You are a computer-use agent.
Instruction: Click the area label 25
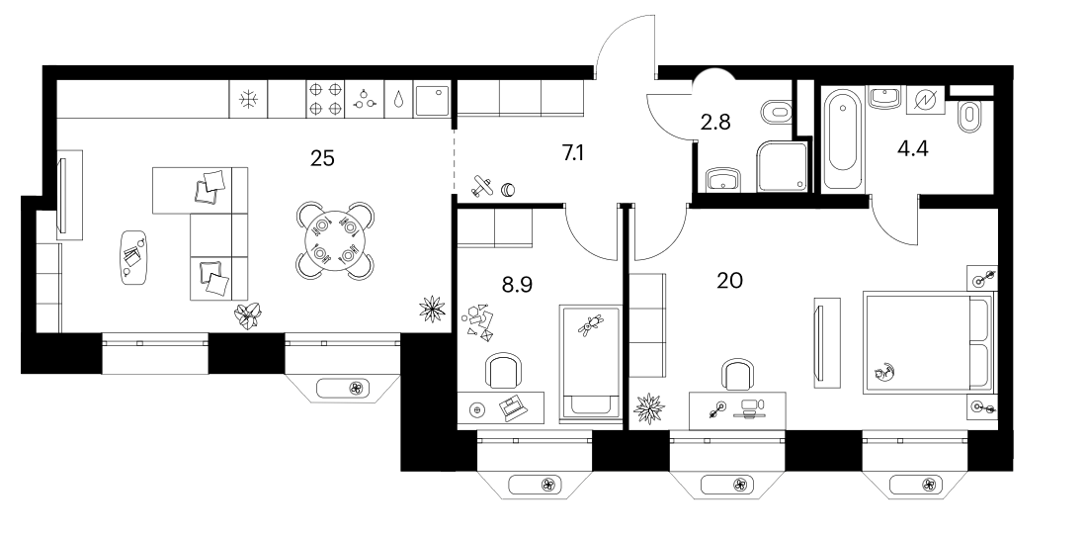tap(322, 158)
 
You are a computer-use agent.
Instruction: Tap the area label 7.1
tap(572, 152)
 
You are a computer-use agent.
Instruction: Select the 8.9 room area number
tap(517, 284)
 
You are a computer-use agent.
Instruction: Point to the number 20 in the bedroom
tap(730, 280)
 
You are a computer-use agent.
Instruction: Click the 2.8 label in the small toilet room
tap(715, 122)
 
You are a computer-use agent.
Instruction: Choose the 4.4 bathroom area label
tap(912, 148)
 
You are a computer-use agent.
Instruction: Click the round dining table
tap(335, 240)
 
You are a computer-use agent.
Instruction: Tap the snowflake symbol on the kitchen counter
tap(248, 99)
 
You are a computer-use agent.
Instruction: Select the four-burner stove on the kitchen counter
tap(326, 99)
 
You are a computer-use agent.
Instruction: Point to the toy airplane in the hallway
tap(482, 185)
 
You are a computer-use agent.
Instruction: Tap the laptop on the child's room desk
tap(514, 407)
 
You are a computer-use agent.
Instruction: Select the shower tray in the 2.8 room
tap(783, 166)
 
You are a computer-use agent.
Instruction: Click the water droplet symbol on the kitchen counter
tap(400, 100)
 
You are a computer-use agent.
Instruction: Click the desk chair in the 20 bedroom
tap(737, 375)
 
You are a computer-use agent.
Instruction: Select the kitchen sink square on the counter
tap(431, 99)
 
